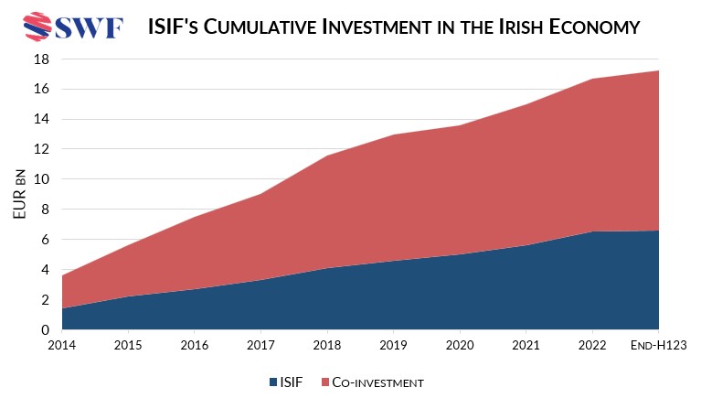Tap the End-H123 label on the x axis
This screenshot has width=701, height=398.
658,345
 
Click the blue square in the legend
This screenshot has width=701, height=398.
273,381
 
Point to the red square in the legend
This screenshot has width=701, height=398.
326,381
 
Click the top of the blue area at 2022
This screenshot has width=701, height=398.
592,231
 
